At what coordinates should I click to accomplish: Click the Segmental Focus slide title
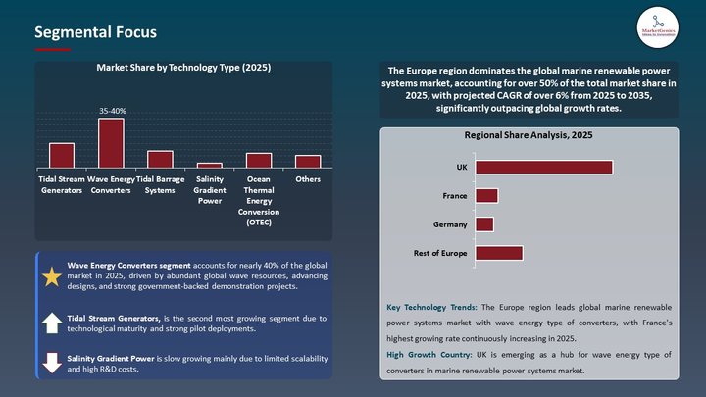pos(95,32)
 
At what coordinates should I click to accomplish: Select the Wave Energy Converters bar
pos(111,143)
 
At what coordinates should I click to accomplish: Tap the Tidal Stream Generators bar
pos(62,156)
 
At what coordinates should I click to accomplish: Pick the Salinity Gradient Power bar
pos(209,166)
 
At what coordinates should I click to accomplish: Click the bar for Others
pos(308,162)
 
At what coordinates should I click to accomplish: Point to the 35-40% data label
pos(112,112)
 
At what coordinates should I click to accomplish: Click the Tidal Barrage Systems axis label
pos(160,184)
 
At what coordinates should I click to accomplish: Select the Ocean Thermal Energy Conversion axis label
pos(259,201)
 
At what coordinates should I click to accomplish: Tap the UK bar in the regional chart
pos(543,168)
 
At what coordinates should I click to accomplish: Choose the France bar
pos(486,196)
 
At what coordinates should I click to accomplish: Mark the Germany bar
pos(484,224)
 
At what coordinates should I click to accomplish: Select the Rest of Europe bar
pos(498,253)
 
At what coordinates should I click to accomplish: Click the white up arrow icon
pos(52,323)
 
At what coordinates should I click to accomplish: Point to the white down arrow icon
pos(52,363)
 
